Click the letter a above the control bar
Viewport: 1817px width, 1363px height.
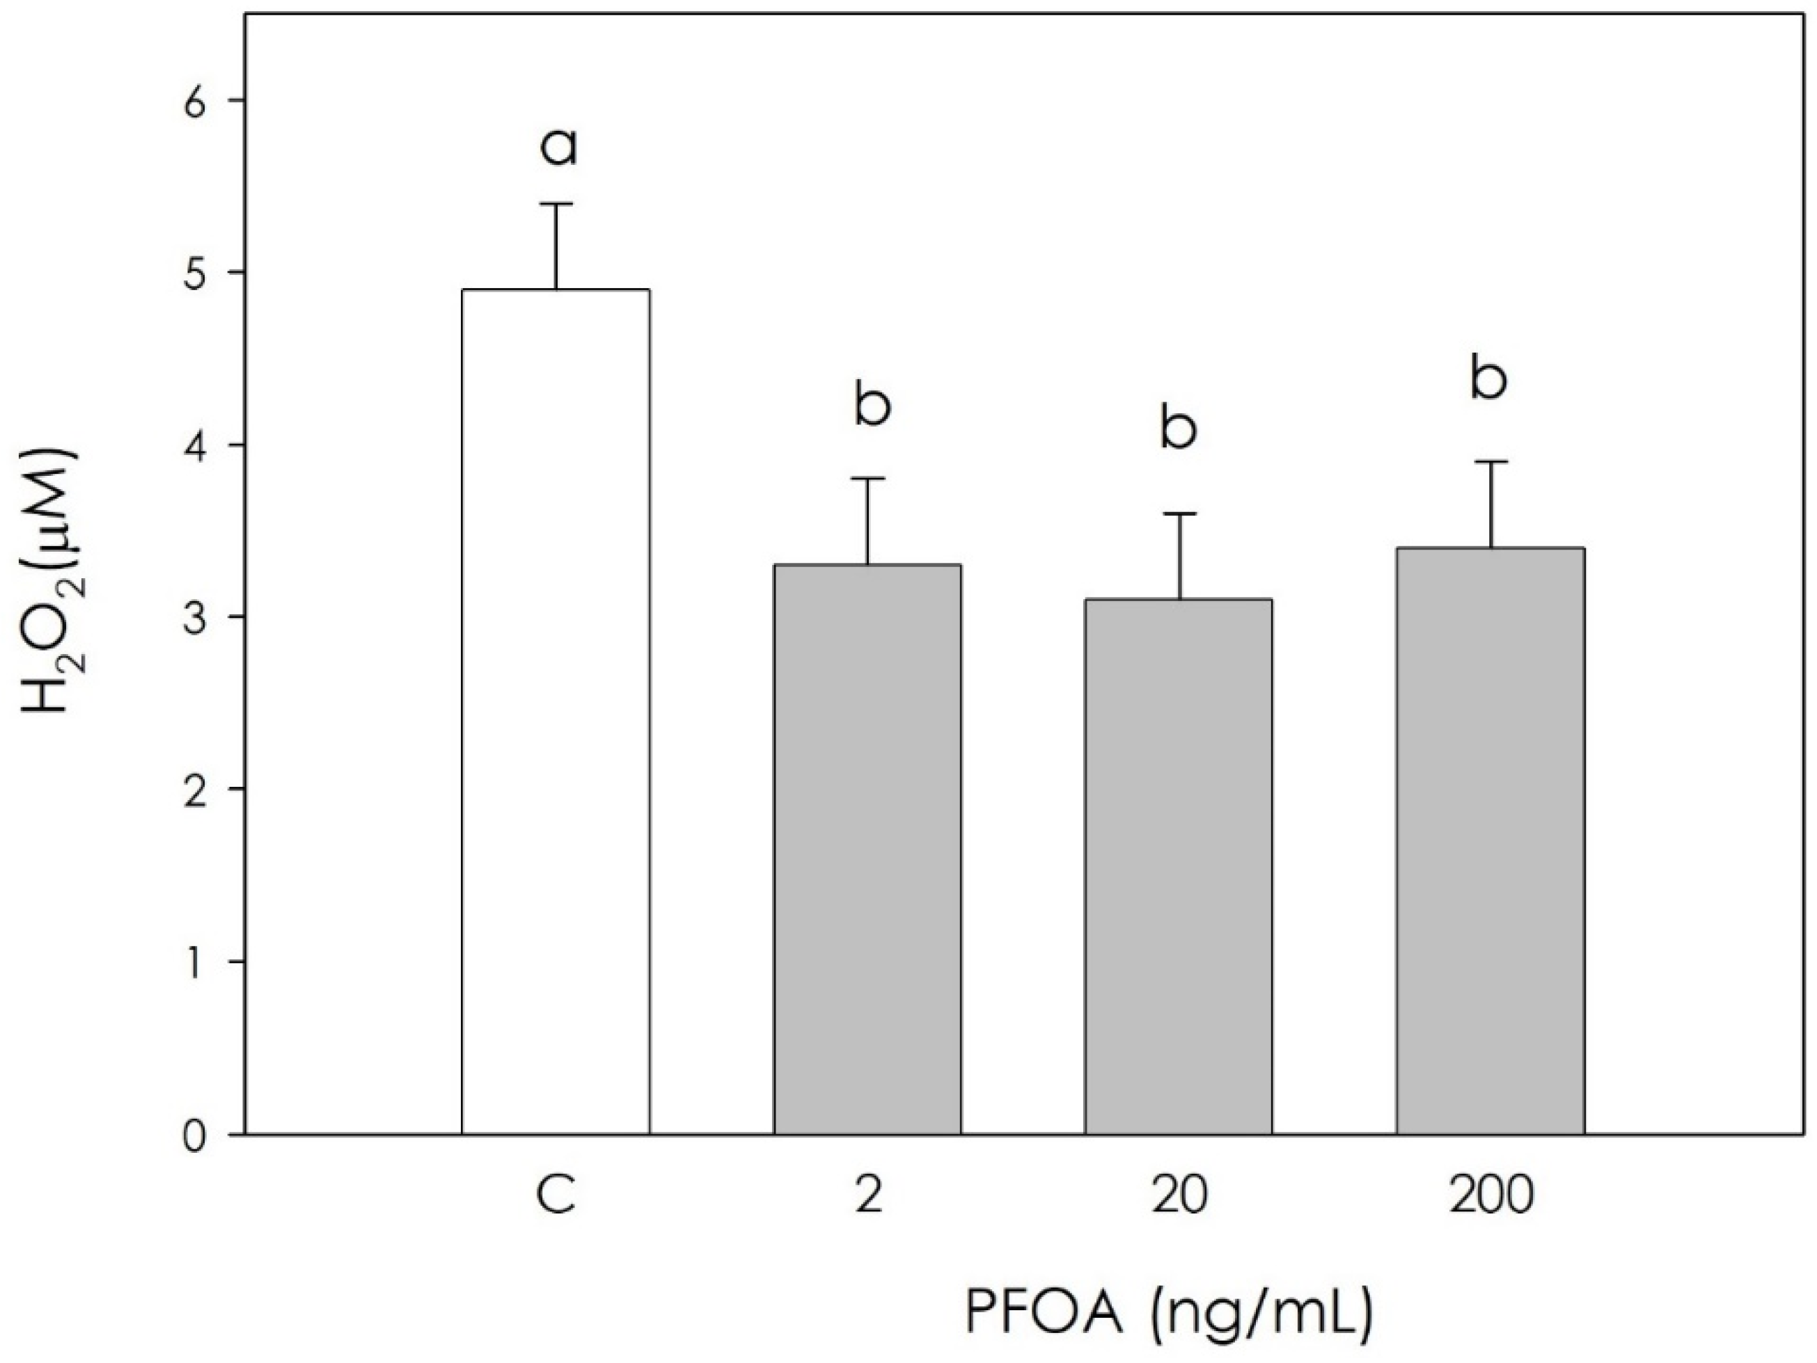coord(558,148)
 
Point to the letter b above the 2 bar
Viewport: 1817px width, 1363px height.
coord(872,405)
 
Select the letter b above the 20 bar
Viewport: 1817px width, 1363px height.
coord(1178,428)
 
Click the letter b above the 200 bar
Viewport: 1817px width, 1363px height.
coord(1488,379)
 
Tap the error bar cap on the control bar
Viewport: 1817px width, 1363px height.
coord(556,204)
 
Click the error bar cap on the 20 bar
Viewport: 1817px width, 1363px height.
coord(1179,514)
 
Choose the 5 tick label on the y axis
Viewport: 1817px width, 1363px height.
coord(196,273)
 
